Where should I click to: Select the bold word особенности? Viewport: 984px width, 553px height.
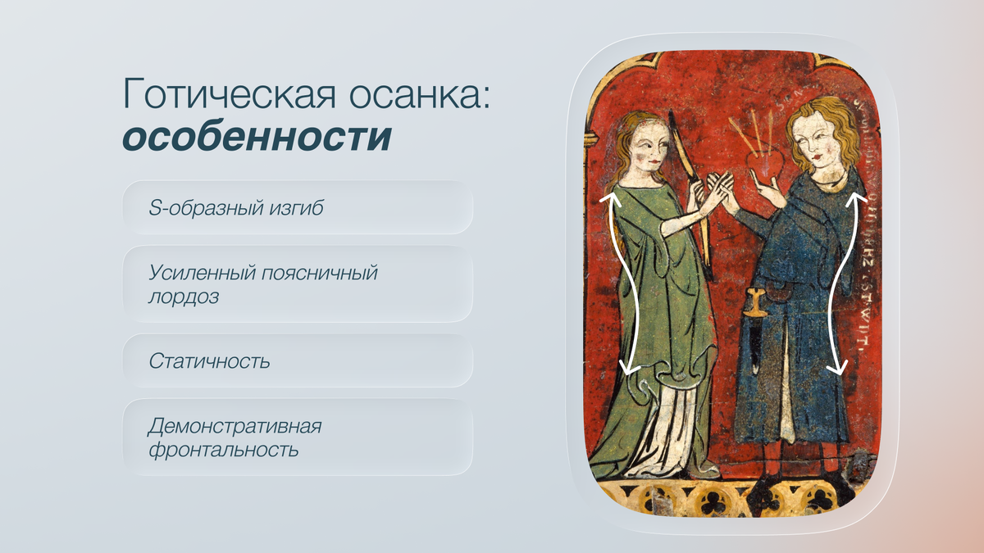tap(257, 137)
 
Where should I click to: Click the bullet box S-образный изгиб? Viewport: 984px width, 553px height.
tap(298, 208)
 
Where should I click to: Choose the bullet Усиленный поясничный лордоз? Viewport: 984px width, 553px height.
tap(298, 284)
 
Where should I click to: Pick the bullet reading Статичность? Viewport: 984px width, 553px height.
tap(298, 360)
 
